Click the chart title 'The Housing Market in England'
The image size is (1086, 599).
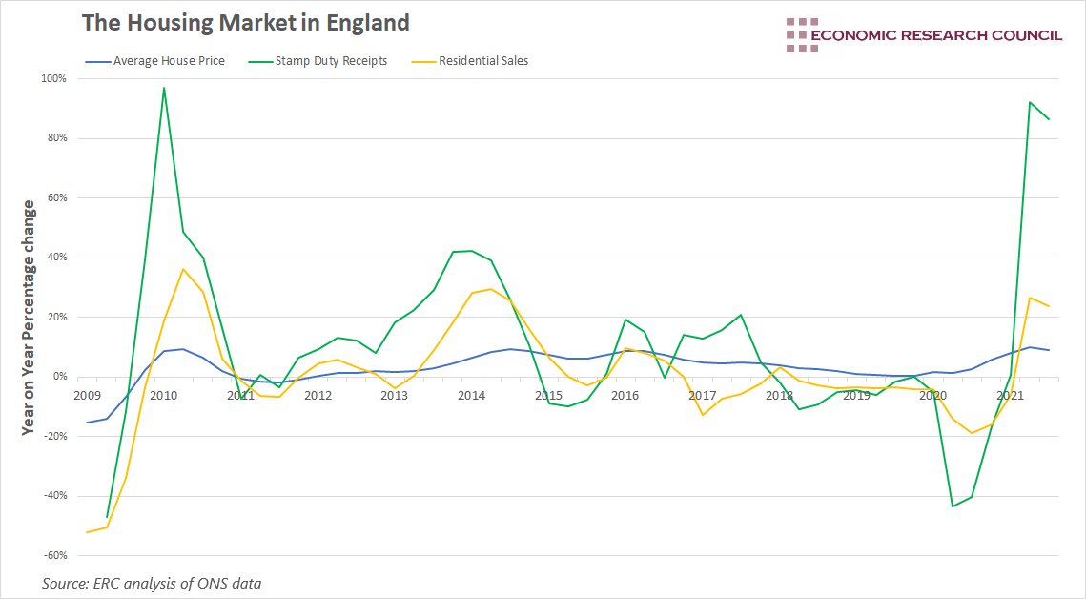245,23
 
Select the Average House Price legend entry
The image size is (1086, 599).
169,61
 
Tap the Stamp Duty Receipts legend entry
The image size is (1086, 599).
331,61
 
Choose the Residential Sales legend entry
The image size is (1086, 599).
483,61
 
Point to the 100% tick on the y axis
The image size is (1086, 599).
53,78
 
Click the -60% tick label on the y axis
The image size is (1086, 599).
53,555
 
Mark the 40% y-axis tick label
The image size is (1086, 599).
55,258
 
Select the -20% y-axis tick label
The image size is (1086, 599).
53,436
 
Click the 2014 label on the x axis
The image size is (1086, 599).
471,395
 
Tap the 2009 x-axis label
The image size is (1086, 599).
87,395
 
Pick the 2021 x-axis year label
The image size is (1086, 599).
1010,395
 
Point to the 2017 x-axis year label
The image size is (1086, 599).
702,395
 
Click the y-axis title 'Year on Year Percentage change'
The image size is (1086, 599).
29,317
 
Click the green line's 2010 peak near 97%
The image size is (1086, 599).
164,88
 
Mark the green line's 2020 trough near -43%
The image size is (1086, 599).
953,506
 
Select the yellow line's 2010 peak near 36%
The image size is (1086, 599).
183,269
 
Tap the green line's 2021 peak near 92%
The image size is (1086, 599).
1030,102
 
